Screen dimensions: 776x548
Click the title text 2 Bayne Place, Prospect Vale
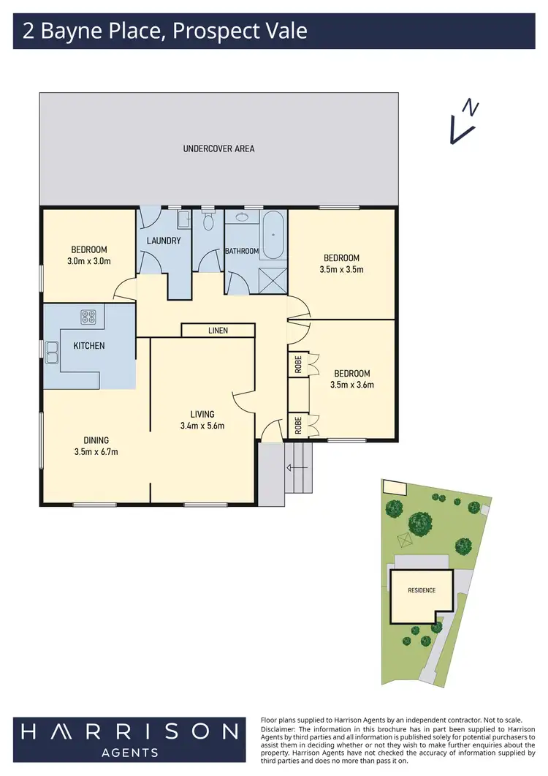click(164, 31)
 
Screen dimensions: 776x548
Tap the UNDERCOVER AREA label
click(218, 148)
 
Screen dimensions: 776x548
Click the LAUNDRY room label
click(164, 241)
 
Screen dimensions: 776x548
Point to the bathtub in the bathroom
click(274, 236)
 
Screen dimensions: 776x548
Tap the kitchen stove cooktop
click(89, 317)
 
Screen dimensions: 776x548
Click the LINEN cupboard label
click(218, 331)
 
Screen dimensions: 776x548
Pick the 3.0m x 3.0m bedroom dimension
click(89, 260)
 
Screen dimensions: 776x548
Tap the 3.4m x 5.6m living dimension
click(202, 426)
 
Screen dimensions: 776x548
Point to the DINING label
click(96, 440)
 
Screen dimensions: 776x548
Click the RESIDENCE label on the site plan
click(422, 590)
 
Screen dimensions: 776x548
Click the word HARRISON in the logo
click(129, 731)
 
